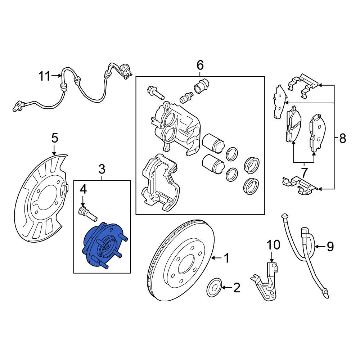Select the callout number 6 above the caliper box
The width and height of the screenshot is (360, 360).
(x=200, y=65)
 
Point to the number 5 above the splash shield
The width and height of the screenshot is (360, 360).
(x=55, y=138)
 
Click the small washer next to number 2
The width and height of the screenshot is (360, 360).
(x=214, y=287)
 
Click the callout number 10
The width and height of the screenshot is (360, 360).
(x=274, y=245)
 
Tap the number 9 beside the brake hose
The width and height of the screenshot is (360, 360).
(x=330, y=247)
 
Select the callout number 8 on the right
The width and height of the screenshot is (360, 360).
(x=342, y=139)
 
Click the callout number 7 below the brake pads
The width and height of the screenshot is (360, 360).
(x=304, y=173)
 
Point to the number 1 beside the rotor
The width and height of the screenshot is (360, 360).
(x=226, y=258)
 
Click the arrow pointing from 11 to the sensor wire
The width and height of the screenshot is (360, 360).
(x=57, y=75)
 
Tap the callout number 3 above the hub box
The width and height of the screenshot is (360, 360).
(x=102, y=170)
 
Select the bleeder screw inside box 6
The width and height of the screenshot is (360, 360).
(x=186, y=98)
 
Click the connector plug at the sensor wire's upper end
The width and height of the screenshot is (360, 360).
(x=126, y=70)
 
